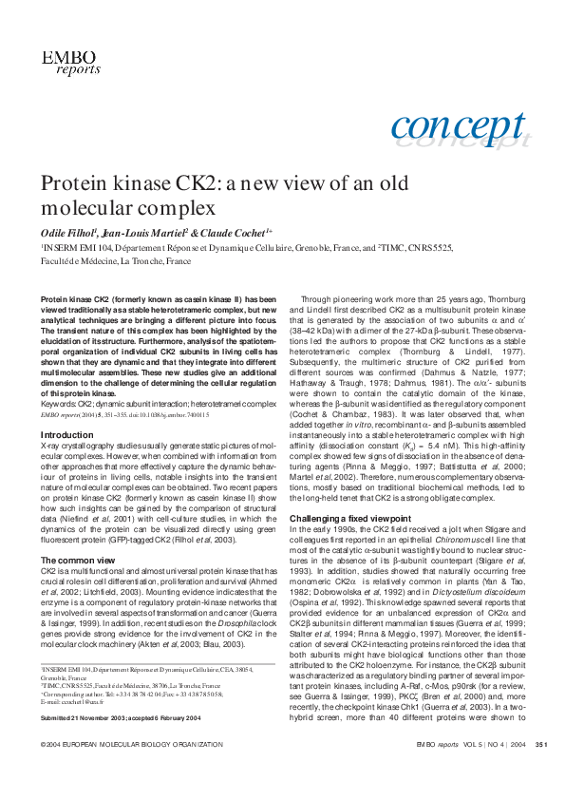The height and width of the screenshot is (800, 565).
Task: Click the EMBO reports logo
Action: pyautogui.click(x=66, y=63)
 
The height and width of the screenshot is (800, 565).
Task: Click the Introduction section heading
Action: pyautogui.click(x=66, y=434)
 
